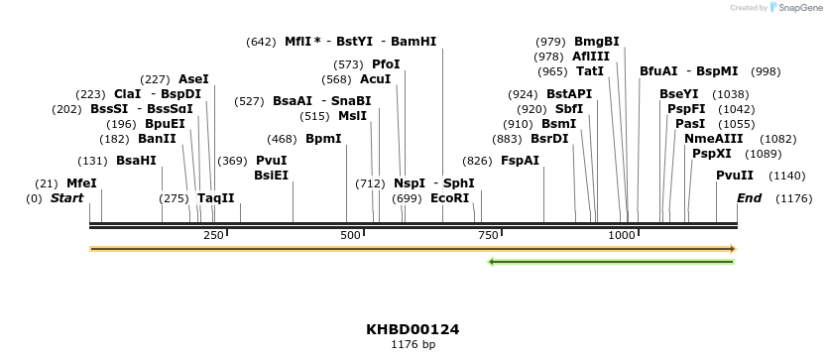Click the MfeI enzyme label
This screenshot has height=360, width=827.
pos(81,183)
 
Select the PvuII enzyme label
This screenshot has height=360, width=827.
pos(735,176)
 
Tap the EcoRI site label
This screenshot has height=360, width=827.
pos(450,198)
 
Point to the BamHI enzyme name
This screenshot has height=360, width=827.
pos(413,42)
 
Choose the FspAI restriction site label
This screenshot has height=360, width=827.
pos(520,161)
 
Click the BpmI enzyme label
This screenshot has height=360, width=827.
pos(323,139)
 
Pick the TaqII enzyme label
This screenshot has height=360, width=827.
pos(215,198)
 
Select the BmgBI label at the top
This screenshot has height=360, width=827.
pos(597,42)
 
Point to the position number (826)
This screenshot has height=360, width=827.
pos(477,161)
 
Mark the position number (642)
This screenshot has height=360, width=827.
pos(261,42)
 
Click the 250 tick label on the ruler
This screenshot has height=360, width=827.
pos(213,235)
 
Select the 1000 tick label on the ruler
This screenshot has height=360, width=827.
pos(622,235)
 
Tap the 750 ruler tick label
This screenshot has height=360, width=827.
pos(487,235)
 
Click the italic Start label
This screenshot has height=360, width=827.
pos(66,198)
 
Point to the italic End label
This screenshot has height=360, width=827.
pos(749,198)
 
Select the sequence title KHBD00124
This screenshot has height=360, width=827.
pos(413,329)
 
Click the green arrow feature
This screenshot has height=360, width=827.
pos(611,262)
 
